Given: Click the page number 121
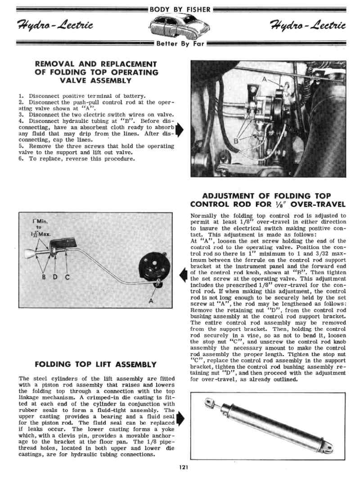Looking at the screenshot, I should point(183,467).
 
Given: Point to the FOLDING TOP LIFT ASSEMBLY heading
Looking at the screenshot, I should point(96,364).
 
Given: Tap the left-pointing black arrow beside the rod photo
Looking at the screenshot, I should point(183,274).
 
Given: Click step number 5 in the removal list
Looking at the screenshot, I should point(21,146).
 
